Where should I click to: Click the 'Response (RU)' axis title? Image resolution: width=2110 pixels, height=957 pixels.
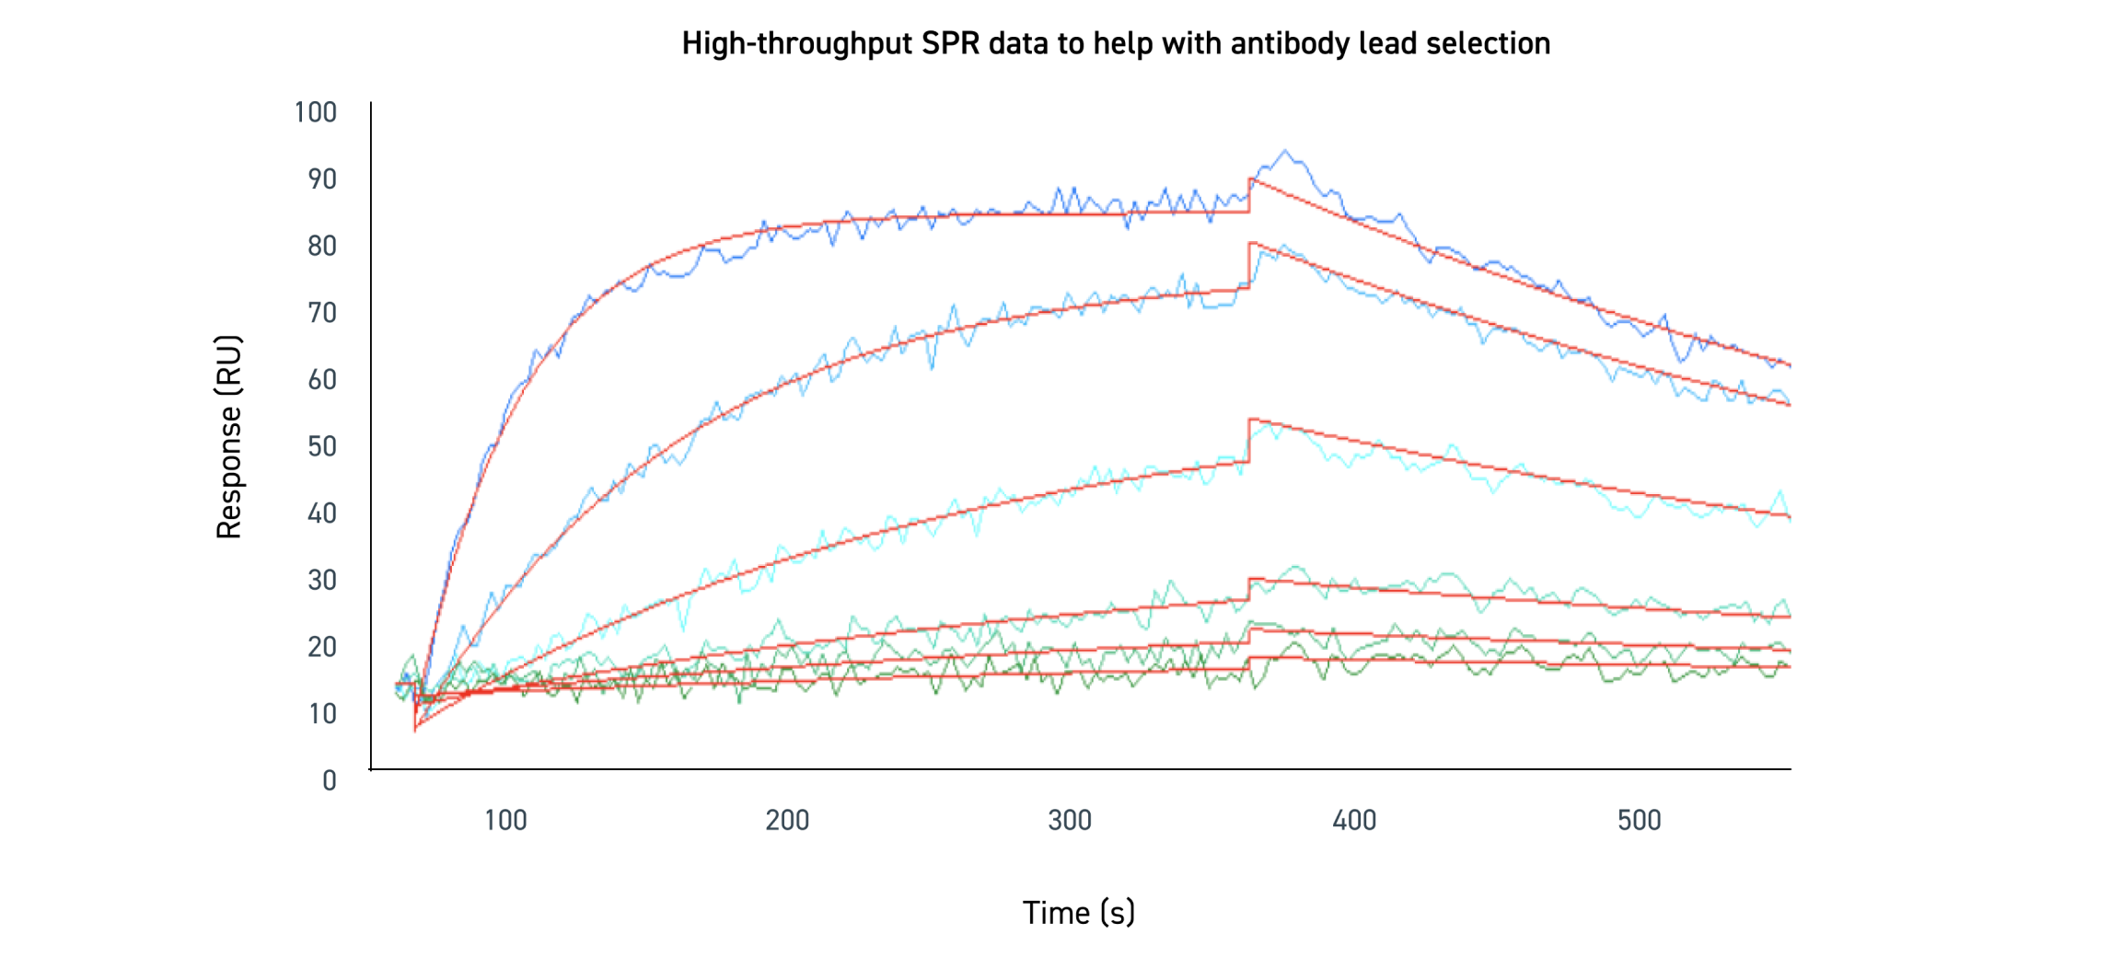(x=228, y=436)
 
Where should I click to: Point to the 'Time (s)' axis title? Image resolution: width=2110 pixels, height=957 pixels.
(x=1078, y=912)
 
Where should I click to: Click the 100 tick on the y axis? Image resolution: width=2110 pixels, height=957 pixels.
(x=316, y=112)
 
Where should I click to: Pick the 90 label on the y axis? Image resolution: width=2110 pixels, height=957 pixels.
(x=322, y=179)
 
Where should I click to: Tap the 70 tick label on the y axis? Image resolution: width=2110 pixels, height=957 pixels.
(x=322, y=313)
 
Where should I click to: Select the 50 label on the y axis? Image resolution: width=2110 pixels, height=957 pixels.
(x=322, y=446)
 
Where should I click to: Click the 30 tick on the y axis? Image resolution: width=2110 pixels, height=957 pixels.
(x=322, y=580)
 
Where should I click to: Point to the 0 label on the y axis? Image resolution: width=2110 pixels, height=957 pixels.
(x=330, y=780)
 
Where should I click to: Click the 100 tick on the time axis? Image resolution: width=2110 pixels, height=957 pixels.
(x=505, y=820)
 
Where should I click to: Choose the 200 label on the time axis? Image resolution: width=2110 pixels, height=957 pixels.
(x=787, y=820)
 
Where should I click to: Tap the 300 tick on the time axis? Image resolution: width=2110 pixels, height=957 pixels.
(x=1070, y=820)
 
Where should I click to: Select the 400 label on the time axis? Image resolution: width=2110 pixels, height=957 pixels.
(x=1354, y=820)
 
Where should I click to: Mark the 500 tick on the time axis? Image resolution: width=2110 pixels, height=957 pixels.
(x=1639, y=820)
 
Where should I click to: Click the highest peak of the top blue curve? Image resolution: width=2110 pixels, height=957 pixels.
(x=1285, y=151)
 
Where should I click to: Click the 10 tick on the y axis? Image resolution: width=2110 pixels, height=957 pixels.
(x=322, y=714)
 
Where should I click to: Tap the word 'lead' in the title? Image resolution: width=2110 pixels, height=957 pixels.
(x=1387, y=43)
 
